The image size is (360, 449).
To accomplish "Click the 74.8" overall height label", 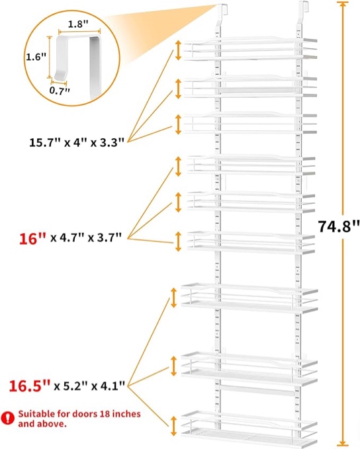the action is click(x=338, y=227).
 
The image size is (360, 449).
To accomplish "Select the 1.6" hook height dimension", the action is click(x=36, y=57).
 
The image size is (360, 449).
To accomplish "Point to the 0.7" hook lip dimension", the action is click(x=60, y=91).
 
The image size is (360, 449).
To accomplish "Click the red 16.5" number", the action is click(x=30, y=386).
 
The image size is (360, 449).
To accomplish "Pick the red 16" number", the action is click(x=32, y=239).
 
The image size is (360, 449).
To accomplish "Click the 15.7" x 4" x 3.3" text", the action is click(x=77, y=142).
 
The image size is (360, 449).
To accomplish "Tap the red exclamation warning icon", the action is click(x=7, y=419).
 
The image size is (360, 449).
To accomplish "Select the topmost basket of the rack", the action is click(x=250, y=49).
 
